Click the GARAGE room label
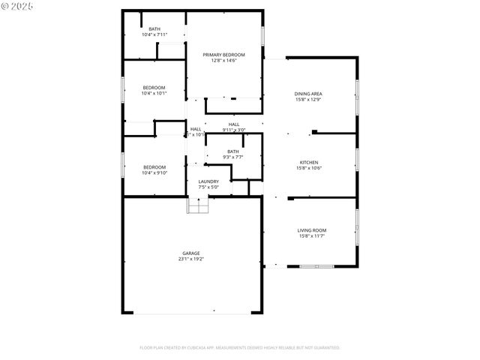coord(191,253)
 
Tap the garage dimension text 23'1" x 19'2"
coord(191,259)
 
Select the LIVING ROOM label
coord(312,230)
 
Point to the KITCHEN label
coord(309,162)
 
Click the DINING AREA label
coord(308,94)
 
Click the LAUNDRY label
coord(208,181)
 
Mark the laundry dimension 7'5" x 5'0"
coord(208,187)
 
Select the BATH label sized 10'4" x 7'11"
coord(154,29)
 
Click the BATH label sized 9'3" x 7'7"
coord(233,151)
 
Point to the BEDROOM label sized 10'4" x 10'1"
coord(154,88)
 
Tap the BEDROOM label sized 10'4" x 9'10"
coord(154,166)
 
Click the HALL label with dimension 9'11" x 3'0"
coord(234,124)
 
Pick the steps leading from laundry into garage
coord(196,205)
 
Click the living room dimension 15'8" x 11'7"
coord(312,236)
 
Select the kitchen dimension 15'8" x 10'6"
coord(309,168)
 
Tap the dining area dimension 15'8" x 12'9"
coord(308,100)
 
